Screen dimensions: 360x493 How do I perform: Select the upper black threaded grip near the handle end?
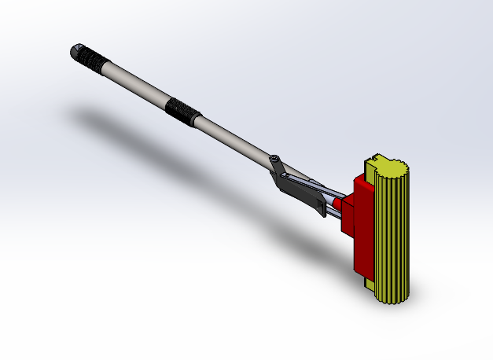coord(96,62)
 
